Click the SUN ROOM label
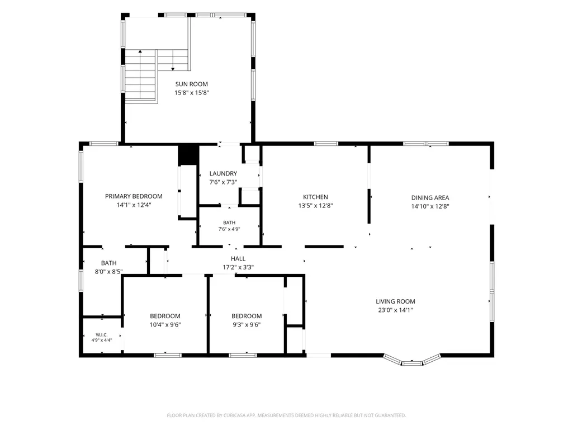pyautogui.click(x=192, y=84)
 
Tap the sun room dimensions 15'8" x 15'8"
pyautogui.click(x=192, y=93)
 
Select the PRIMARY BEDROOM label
pyautogui.click(x=134, y=196)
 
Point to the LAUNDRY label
pyautogui.click(x=223, y=173)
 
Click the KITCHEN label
pyautogui.click(x=315, y=197)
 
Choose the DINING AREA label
pyautogui.click(x=430, y=198)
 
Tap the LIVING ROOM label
pyautogui.click(x=395, y=301)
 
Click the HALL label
pyautogui.click(x=238, y=259)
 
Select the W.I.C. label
pyautogui.click(x=102, y=335)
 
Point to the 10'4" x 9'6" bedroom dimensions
pyautogui.click(x=165, y=325)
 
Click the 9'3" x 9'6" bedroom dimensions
pyautogui.click(x=247, y=325)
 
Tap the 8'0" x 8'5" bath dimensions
pyautogui.click(x=108, y=272)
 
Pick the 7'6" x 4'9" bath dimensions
pyautogui.click(x=229, y=229)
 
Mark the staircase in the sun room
pyautogui.click(x=157, y=76)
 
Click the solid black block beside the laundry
pyautogui.click(x=188, y=155)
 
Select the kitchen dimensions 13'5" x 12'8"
pyautogui.click(x=315, y=206)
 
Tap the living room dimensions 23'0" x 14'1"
pyautogui.click(x=395, y=310)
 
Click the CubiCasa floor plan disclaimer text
pyautogui.click(x=286, y=415)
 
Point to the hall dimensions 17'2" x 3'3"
pyautogui.click(x=238, y=268)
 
